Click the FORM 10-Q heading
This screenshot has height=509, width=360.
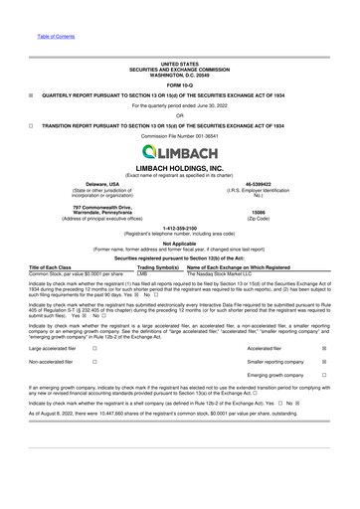[179, 83]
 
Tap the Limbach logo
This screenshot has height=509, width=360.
[180, 151]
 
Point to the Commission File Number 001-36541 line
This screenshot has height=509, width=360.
[180, 135]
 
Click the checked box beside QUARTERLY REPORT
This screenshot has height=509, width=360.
[32, 95]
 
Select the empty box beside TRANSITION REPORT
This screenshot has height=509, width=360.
[32, 126]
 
